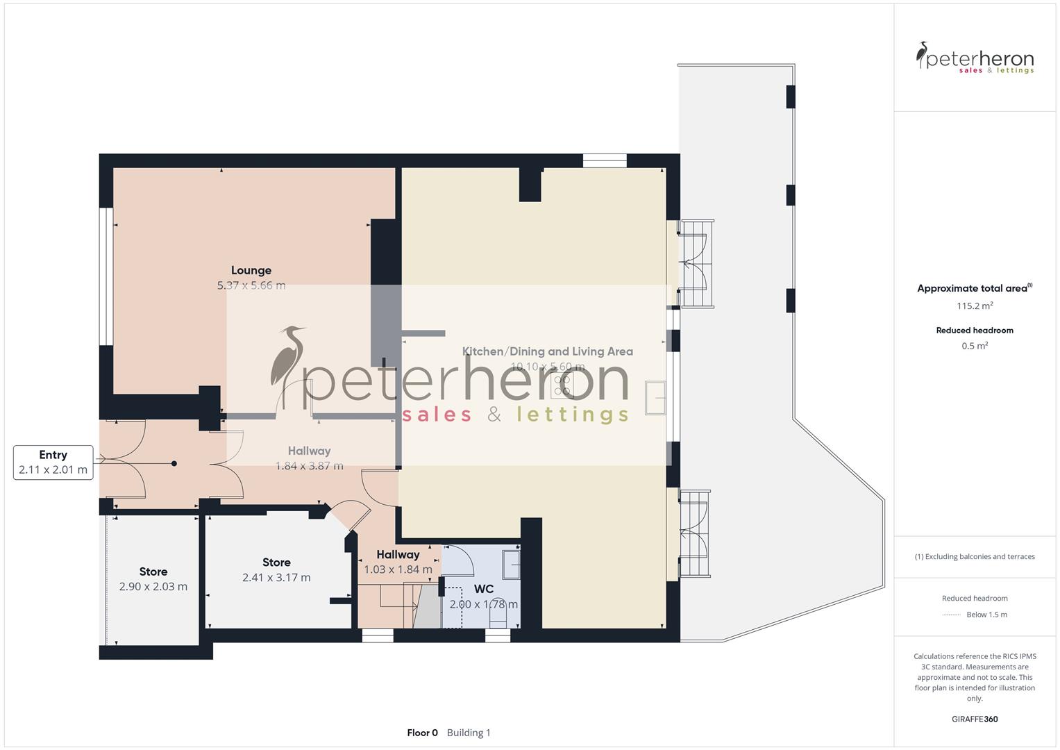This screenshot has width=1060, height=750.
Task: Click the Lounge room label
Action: click(251, 270)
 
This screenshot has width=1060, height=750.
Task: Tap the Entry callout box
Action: click(53, 462)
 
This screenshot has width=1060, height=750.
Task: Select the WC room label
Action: click(484, 589)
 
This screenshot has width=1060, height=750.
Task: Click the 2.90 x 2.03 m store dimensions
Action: click(153, 587)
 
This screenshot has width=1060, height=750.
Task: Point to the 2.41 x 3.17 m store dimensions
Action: click(276, 578)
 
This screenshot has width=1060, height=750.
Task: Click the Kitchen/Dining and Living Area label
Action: click(548, 351)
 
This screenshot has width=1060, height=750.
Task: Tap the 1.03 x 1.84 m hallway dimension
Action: click(398, 569)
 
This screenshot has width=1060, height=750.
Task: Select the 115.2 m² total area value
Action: click(975, 306)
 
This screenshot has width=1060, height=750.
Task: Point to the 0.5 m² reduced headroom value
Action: click(975, 346)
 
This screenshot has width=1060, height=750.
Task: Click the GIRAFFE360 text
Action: click(975, 719)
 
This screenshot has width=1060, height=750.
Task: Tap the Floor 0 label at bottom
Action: click(422, 733)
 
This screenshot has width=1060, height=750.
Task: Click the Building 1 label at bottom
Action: click(469, 733)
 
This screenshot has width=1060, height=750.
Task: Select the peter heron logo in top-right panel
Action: click(975, 58)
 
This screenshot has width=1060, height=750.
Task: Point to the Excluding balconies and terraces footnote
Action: click(975, 556)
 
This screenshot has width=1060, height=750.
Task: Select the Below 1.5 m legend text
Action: click(986, 615)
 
